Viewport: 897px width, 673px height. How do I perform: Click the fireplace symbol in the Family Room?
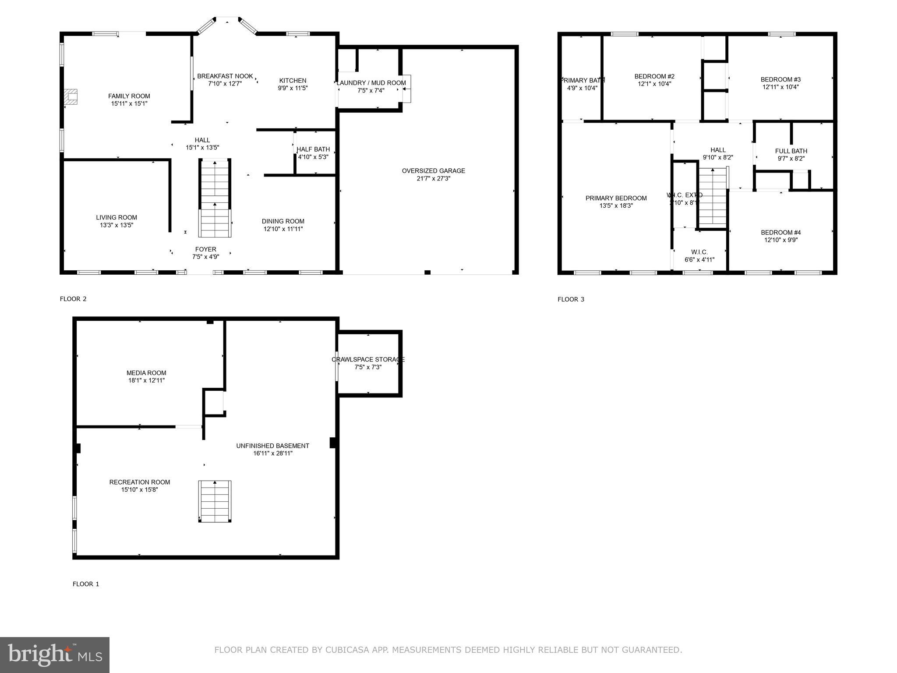(71, 97)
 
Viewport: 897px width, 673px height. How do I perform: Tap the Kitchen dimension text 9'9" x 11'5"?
(293, 88)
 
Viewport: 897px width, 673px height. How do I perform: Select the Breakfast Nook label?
(225, 76)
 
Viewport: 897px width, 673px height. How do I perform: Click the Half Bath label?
(313, 149)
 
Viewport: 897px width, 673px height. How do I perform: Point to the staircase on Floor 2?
(215, 198)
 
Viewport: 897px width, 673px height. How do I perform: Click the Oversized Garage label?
(433, 171)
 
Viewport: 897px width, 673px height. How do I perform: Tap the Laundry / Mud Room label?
(371, 83)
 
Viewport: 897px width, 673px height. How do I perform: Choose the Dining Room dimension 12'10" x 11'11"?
(283, 229)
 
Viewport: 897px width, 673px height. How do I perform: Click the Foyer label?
(205, 249)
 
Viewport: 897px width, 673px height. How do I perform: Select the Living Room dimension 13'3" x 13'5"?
(117, 225)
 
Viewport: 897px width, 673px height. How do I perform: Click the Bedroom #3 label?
(780, 79)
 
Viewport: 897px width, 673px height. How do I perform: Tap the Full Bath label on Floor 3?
(791, 151)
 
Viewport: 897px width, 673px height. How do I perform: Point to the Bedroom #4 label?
(780, 233)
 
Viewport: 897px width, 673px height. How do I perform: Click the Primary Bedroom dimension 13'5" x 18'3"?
(616, 206)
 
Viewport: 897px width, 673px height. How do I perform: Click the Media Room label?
(146, 373)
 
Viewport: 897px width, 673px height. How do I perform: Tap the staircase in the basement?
(215, 501)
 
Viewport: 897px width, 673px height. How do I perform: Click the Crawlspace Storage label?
(368, 360)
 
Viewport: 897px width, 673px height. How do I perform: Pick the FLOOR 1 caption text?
(86, 584)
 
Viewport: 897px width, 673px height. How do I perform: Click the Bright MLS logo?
(55, 655)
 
